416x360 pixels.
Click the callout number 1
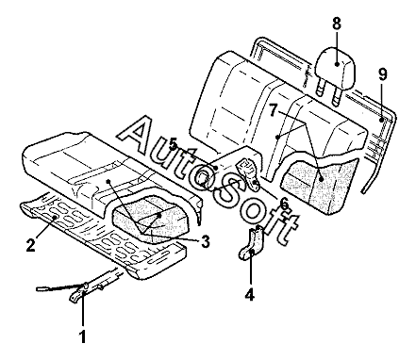[x=82, y=336]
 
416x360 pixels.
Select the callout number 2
[x=30, y=245]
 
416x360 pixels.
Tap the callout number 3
[x=205, y=242]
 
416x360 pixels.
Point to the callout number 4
[x=249, y=295]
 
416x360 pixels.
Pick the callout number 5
[x=173, y=145]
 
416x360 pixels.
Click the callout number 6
[x=284, y=205]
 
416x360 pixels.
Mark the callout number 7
[x=273, y=110]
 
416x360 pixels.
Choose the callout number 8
[x=337, y=24]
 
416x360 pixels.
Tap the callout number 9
[x=383, y=74]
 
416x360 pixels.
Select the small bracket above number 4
[x=252, y=243]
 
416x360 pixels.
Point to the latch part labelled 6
[x=249, y=173]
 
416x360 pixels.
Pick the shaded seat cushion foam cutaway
[x=151, y=218]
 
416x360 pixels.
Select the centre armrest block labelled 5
[x=233, y=167]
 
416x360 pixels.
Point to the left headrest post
[x=320, y=88]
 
